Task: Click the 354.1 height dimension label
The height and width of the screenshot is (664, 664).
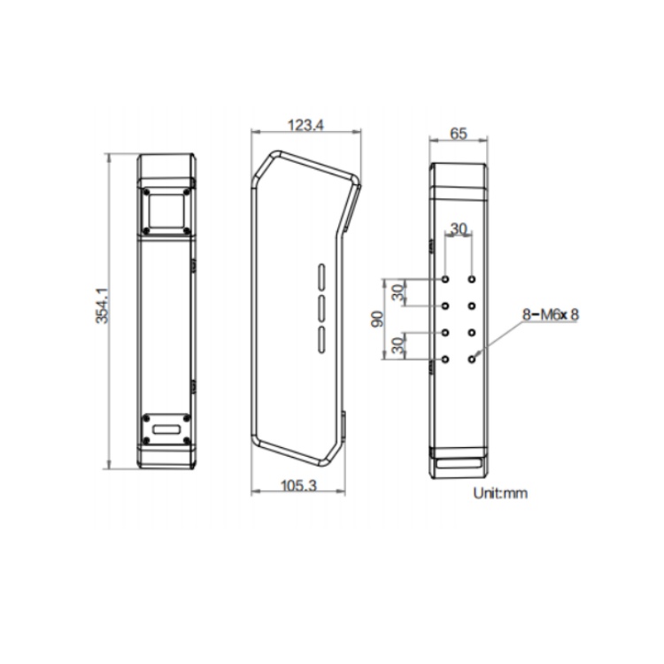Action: tap(103, 305)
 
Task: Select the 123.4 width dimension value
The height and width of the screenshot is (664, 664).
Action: tap(305, 125)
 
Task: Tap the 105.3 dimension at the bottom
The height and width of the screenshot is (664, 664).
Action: tap(298, 485)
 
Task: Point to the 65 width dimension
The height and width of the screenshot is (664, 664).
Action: tap(459, 134)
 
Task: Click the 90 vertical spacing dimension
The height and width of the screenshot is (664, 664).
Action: tap(377, 319)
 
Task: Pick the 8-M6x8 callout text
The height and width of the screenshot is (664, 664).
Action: tap(550, 314)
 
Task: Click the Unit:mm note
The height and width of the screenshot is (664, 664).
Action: tap(500, 493)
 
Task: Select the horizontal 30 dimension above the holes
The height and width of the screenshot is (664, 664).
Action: tap(459, 229)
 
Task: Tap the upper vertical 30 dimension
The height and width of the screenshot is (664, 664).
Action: tap(398, 293)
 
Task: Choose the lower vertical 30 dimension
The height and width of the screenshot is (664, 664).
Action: tap(398, 345)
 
